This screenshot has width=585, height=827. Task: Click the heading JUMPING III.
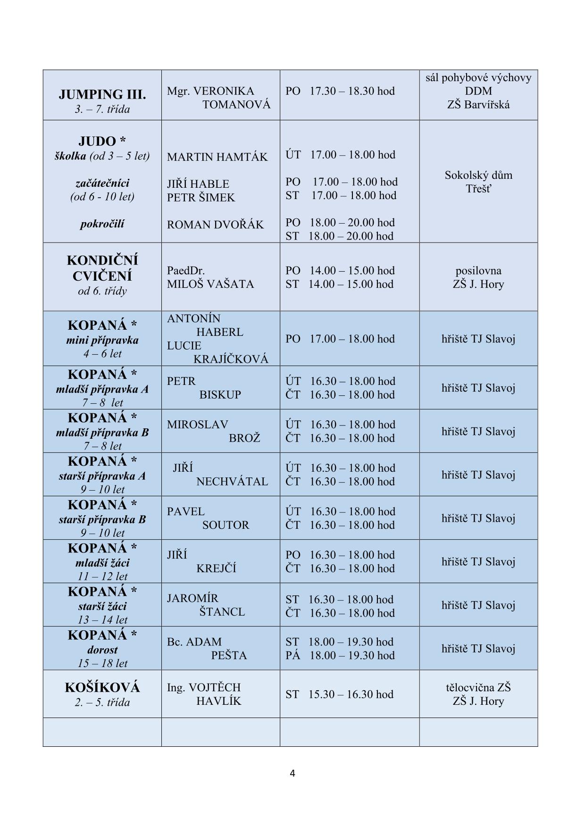(x=102, y=94)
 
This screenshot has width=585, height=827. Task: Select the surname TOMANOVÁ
(x=236, y=105)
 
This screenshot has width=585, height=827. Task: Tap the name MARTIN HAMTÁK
(x=217, y=157)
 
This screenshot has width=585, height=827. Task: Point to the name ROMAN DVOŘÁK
(x=215, y=225)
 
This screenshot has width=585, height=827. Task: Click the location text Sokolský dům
(x=478, y=175)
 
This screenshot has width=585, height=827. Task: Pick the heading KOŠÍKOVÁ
(x=102, y=687)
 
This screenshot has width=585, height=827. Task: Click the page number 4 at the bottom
(x=292, y=773)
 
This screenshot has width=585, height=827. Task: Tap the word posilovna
(x=478, y=271)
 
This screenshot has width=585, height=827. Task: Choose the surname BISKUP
(x=220, y=395)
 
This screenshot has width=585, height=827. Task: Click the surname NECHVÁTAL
(x=232, y=482)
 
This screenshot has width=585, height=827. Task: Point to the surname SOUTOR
(x=226, y=525)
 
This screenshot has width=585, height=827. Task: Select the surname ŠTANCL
(x=222, y=612)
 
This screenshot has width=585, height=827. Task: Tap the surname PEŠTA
(x=229, y=655)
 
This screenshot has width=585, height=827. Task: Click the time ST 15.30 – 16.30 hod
(x=339, y=694)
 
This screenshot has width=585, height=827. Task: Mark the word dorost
(x=102, y=650)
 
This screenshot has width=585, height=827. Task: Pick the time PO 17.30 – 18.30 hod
(x=340, y=91)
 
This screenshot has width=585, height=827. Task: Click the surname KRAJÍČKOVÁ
(x=231, y=359)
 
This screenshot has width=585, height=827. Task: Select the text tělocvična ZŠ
(x=478, y=687)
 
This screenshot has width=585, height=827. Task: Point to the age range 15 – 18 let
(x=102, y=663)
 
